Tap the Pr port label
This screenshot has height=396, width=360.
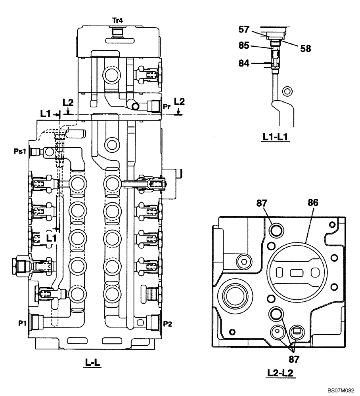(167, 107)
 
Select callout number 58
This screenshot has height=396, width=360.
(305, 49)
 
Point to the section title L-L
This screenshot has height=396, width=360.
(93, 363)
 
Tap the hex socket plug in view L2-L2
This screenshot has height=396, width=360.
(243, 261)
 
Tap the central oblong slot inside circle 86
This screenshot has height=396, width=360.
(297, 272)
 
